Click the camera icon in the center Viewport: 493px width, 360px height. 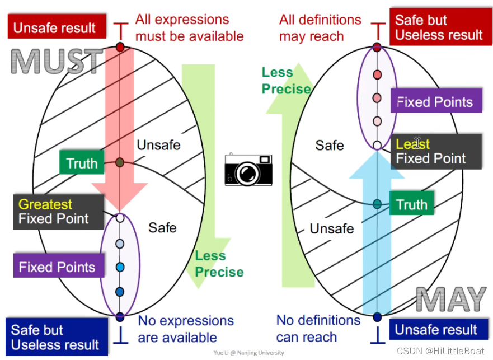[x=248, y=170]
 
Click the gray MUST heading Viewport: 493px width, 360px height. [x=57, y=62]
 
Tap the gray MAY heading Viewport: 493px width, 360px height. [x=451, y=300]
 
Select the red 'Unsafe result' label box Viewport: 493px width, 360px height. [x=54, y=27]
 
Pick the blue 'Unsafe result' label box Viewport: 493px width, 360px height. [x=436, y=330]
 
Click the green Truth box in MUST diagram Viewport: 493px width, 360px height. [x=82, y=163]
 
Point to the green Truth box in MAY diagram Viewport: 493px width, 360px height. [x=412, y=204]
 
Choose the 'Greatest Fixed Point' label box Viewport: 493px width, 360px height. [x=53, y=212]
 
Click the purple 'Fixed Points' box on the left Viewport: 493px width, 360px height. [x=57, y=267]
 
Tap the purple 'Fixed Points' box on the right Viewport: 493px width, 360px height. [x=435, y=102]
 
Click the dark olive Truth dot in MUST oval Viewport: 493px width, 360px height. [x=119, y=162]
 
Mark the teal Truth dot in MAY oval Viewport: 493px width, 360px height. [x=377, y=204]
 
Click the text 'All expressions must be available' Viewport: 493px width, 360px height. [x=189, y=28]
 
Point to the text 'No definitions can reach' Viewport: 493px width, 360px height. [x=318, y=329]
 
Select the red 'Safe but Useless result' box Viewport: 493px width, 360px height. [x=438, y=28]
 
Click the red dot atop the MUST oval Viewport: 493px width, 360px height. [x=119, y=47]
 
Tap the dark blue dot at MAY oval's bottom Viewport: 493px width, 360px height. [x=377, y=317]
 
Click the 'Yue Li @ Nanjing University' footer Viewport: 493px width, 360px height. [x=249, y=353]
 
